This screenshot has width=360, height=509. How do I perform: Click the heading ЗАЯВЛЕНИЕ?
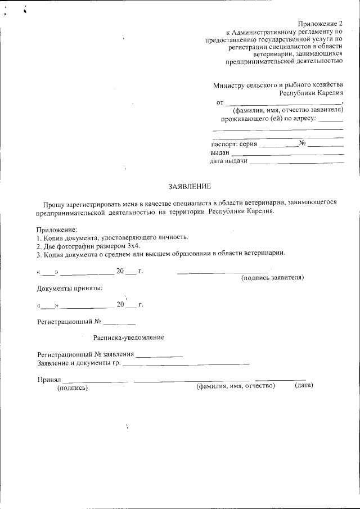(190, 186)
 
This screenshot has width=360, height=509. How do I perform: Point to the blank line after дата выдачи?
(296, 162)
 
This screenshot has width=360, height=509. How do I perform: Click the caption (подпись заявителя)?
(272, 278)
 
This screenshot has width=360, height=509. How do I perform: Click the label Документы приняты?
(70, 289)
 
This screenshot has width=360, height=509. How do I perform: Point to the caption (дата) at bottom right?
(303, 386)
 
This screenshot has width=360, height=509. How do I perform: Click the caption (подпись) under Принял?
(73, 387)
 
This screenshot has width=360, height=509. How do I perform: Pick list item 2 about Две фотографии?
(88, 246)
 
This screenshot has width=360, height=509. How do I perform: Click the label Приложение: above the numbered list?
(57, 230)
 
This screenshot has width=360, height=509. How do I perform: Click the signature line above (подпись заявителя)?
(223, 273)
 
